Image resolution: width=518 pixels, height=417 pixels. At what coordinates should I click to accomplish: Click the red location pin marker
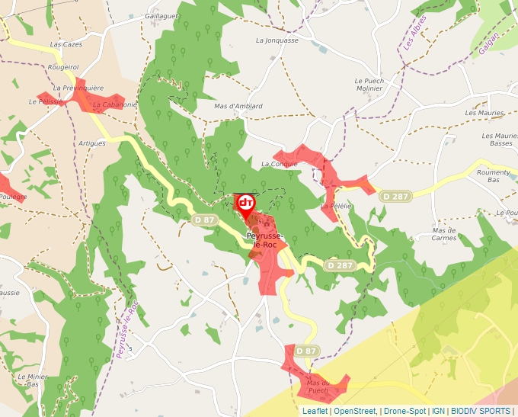click(245, 204)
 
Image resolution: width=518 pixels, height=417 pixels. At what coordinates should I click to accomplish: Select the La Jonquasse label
click(277, 40)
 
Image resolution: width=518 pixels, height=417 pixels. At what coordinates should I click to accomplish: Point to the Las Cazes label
click(66, 45)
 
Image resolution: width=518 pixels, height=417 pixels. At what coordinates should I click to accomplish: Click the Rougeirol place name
click(63, 67)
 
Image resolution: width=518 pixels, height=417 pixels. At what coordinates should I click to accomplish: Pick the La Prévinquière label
click(78, 88)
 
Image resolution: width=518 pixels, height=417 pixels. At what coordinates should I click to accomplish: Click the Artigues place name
click(91, 143)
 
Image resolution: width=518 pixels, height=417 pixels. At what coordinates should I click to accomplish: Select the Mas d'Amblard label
click(238, 106)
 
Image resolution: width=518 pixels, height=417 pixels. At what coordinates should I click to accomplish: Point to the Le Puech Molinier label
click(373, 84)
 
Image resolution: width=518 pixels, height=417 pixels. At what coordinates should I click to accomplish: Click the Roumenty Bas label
click(493, 176)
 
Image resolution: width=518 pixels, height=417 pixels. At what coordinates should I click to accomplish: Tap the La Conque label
click(278, 164)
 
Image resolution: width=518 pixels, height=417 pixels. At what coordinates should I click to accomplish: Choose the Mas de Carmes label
click(443, 233)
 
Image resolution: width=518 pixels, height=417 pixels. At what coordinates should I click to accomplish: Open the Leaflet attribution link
click(315, 411)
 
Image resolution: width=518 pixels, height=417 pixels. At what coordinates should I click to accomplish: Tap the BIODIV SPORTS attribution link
click(480, 411)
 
